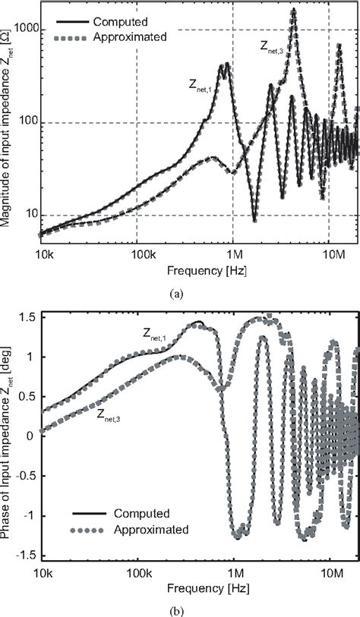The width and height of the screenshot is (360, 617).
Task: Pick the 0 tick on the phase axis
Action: (33, 436)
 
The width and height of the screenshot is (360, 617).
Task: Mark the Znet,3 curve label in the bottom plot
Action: (111, 413)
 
